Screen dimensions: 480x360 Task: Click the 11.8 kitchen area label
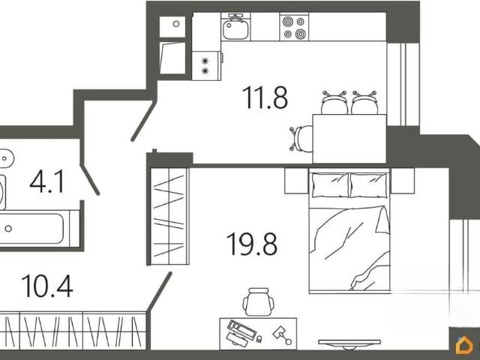pyautogui.click(x=265, y=97)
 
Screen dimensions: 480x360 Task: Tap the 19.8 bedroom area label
pyautogui.click(x=252, y=244)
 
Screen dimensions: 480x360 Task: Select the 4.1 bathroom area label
pyautogui.click(x=47, y=181)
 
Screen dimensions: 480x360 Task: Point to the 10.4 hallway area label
pyautogui.click(x=47, y=286)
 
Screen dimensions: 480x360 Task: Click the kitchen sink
pyautogui.click(x=235, y=27)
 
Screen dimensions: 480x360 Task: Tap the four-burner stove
pyautogui.click(x=294, y=27)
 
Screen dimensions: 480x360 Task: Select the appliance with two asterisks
pyautogui.click(x=207, y=66)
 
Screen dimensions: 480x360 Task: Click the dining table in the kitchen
pyautogui.click(x=349, y=139)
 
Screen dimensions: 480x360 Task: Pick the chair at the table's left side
pyautogui.click(x=301, y=138)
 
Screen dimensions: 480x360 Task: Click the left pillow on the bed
pyautogui.click(x=330, y=185)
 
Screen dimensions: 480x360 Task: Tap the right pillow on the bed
pyautogui.click(x=368, y=185)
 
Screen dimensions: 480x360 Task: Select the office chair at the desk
pyautogui.click(x=258, y=301)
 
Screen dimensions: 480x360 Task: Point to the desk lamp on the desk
pyautogui.click(x=282, y=335)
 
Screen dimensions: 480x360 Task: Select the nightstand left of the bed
pyautogui.click(x=296, y=181)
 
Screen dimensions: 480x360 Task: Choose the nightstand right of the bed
pyautogui.click(x=403, y=181)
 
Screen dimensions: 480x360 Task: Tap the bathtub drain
pyautogui.click(x=8, y=228)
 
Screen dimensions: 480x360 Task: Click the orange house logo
pyautogui.click(x=464, y=345)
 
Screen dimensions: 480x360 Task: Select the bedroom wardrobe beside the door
pyautogui.click(x=170, y=216)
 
